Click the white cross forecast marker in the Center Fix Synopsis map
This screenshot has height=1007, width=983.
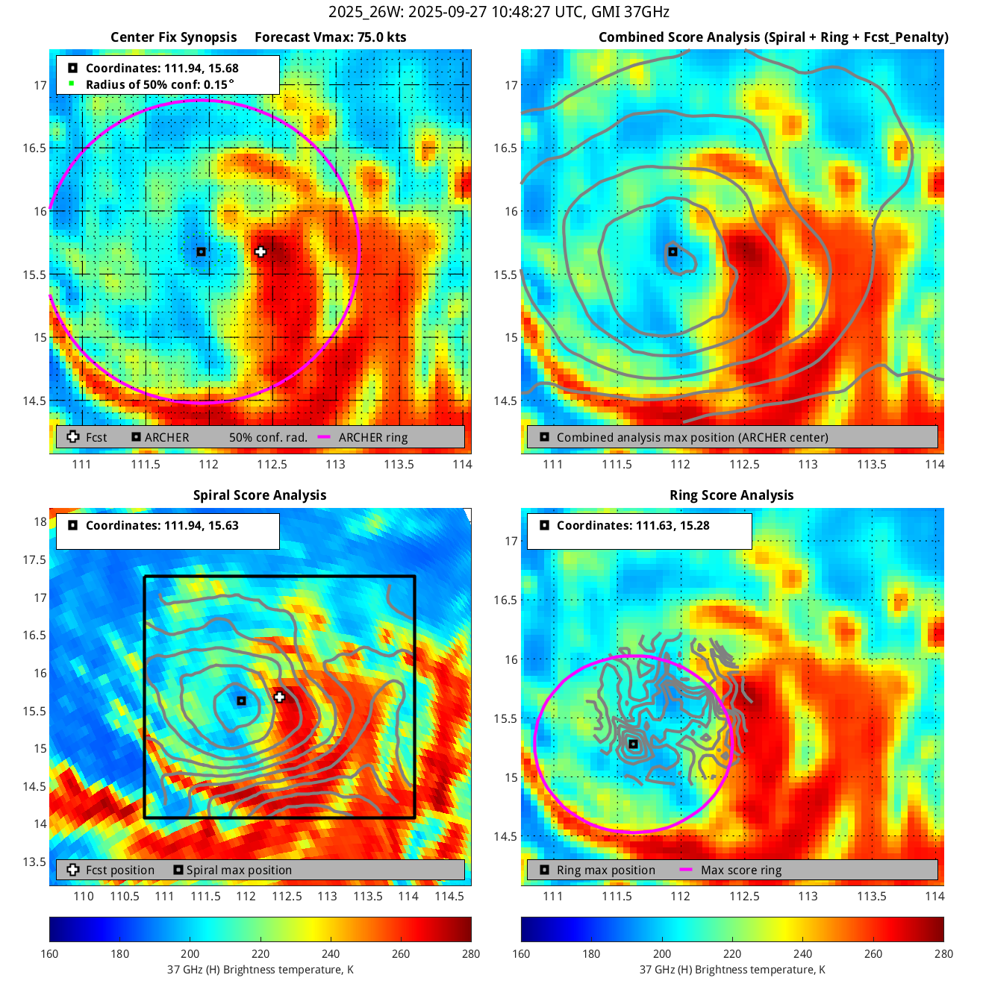[x=260, y=252]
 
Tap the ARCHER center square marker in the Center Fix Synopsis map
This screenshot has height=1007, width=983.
[x=202, y=252]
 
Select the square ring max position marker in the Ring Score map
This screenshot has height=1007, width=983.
[x=633, y=744]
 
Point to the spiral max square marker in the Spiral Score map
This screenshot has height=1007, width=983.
[x=241, y=701]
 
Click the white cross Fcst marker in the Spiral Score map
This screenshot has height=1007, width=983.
[x=279, y=697]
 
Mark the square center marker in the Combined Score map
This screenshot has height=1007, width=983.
[x=673, y=252]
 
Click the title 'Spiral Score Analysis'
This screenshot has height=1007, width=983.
[x=260, y=495]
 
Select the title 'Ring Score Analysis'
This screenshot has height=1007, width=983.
[x=731, y=495]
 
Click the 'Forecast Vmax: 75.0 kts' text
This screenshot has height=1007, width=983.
[x=330, y=37]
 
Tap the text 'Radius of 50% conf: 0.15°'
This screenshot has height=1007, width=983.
[x=160, y=84]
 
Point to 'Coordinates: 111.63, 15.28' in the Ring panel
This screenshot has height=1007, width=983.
[x=633, y=525]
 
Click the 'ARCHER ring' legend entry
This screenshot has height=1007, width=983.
[x=372, y=438]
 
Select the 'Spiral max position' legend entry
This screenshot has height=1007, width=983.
[x=239, y=870]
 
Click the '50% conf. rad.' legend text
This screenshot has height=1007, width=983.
[x=268, y=438]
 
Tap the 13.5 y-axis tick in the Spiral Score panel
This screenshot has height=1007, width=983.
[x=34, y=862]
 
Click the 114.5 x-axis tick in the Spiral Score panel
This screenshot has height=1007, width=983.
[x=449, y=896]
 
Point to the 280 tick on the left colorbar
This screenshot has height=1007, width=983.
[x=471, y=953]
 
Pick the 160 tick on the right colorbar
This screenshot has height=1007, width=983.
[x=521, y=953]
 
